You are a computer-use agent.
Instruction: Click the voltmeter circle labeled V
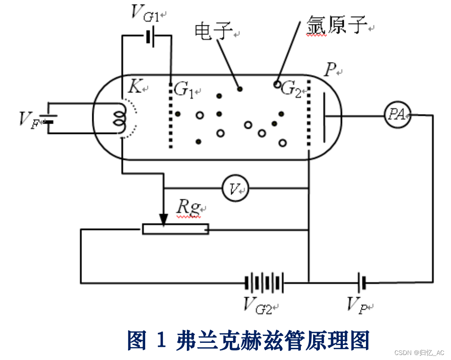point(235,188)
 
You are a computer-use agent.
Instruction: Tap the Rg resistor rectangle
point(176,229)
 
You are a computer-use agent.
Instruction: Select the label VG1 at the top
point(144,14)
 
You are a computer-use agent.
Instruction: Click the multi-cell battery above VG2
point(265,283)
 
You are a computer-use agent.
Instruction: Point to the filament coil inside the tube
point(120,119)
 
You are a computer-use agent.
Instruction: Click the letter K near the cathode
point(134,86)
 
